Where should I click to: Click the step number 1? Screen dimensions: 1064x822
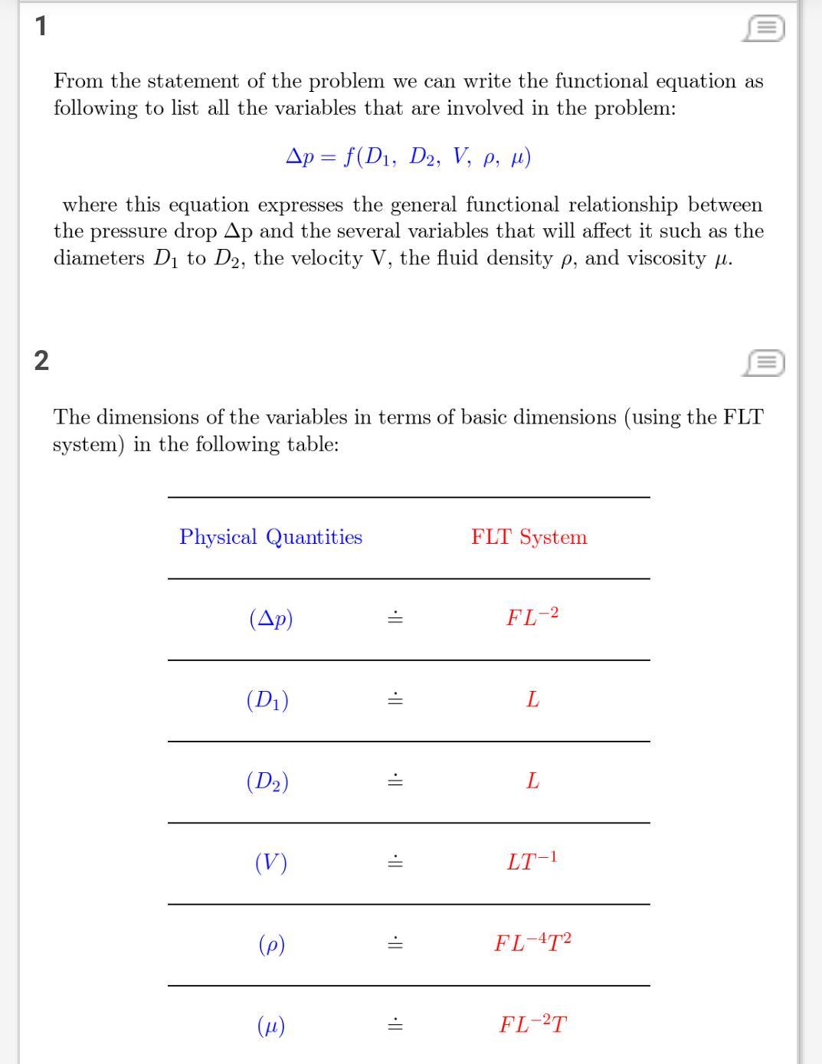pos(41,26)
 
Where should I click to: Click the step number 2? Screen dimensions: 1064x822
pos(41,360)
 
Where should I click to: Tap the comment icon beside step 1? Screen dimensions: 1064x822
pos(763,28)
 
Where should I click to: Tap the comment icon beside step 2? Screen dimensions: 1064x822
pos(763,362)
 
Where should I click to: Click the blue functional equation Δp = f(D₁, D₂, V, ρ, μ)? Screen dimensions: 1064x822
pos(408,157)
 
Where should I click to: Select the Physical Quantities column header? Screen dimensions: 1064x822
pos(270,537)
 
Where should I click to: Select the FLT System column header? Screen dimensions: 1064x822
pos(529,537)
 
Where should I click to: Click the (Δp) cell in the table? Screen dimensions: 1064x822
pos(271,618)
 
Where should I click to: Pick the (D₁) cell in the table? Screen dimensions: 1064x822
pos(267,700)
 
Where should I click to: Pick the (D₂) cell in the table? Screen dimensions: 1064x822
pos(267,781)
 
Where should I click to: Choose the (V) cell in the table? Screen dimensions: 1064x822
pos(271,863)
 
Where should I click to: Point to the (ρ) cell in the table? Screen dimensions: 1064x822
pos(271,944)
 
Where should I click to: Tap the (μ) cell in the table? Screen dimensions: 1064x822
pos(271,1025)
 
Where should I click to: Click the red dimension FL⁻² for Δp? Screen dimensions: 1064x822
pos(532,617)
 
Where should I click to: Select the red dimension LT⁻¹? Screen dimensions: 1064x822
pos(532,861)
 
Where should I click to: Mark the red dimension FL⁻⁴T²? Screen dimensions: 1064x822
pos(533,942)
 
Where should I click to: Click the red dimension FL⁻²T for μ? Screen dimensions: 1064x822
pos(533,1024)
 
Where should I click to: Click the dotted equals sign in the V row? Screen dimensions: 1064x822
pos(395,863)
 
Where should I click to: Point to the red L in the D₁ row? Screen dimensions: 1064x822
pos(532,699)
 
